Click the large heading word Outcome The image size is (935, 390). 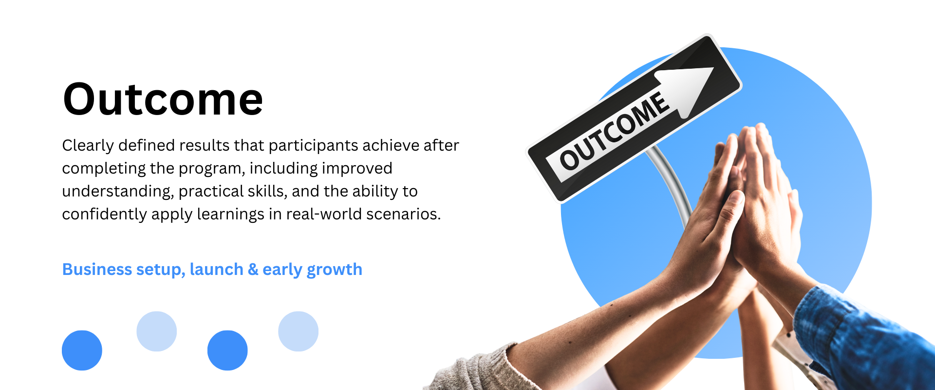point(163,99)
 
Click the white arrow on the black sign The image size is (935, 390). point(684,91)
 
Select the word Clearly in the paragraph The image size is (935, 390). point(88,146)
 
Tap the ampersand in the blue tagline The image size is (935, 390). point(253,270)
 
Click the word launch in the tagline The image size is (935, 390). point(217,269)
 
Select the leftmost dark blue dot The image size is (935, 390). point(82,351)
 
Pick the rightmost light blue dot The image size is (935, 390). point(298,331)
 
